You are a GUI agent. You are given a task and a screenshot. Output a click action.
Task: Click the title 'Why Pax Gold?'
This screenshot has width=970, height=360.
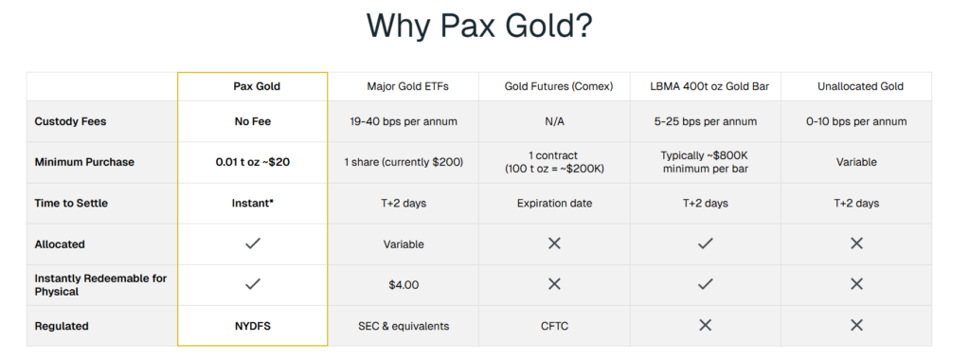coord(479,26)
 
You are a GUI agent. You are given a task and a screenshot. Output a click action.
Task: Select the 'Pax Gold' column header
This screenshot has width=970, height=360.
coord(257,86)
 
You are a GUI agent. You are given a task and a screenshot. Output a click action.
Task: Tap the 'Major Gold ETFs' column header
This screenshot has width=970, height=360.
coord(407,86)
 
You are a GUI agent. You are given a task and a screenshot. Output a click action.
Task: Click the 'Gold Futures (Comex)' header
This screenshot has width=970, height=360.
coord(559,86)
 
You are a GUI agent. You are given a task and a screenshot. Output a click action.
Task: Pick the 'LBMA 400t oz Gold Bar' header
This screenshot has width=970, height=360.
coord(710,86)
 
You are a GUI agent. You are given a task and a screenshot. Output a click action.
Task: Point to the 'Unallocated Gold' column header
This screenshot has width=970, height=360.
coord(860,86)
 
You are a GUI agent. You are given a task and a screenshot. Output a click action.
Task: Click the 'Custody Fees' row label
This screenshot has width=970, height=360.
coord(70,121)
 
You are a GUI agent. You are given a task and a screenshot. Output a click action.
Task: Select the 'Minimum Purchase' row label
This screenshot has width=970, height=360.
coord(84,162)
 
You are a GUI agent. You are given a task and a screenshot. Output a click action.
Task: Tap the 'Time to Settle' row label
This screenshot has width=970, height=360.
coord(71,203)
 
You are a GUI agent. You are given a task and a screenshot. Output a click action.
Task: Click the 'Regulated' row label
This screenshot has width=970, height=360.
coord(62,326)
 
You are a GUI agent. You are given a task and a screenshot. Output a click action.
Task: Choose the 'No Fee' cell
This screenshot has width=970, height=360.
coord(252,121)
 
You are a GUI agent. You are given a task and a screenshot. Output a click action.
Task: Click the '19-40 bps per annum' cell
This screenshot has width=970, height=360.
coord(404,121)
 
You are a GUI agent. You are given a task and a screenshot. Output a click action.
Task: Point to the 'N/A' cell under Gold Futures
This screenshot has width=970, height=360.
coord(554,121)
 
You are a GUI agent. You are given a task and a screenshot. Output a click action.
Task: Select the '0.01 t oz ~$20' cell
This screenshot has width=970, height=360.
coord(252,162)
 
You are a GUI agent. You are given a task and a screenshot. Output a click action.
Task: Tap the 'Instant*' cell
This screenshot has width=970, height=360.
coord(252,203)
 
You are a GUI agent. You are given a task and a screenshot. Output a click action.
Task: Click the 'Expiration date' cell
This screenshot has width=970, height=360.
coord(554,203)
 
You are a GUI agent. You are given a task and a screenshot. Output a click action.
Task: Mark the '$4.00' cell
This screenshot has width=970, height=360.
coord(404,285)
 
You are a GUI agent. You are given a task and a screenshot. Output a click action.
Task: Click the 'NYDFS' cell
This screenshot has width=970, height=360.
coord(252,326)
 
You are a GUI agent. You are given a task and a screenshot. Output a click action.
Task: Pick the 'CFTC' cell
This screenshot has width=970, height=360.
coord(554,326)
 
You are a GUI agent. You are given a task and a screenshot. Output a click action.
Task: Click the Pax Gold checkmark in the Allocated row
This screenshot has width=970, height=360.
coord(252,243)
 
